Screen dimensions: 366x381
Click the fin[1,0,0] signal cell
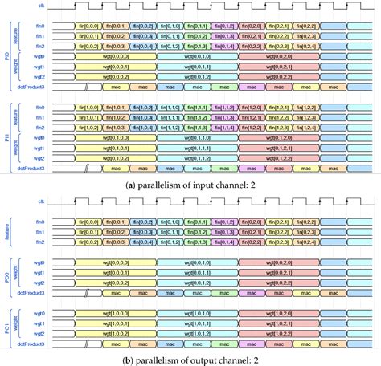[x=88, y=106]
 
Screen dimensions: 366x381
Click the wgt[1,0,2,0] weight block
[x=276, y=311]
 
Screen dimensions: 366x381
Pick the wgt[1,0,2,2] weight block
[x=276, y=333]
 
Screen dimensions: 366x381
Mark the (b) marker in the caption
[x=129, y=359]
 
